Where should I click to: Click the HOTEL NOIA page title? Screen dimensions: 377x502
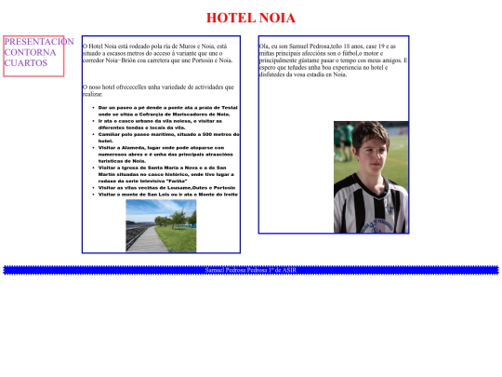coord(250,18)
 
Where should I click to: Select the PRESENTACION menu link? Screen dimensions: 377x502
coord(38,42)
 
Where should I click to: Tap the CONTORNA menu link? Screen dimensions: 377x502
coord(31,52)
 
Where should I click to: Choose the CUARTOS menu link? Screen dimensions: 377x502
coord(26,63)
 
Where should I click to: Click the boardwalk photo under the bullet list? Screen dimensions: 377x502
coord(161,225)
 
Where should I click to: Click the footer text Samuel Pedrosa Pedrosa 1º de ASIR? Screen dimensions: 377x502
coord(250,270)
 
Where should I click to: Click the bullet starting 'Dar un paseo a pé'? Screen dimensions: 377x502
coord(167,111)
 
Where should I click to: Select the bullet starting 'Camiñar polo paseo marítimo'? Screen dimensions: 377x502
coord(168,137)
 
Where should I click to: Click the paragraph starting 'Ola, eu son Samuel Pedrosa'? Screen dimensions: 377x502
coord(330,56)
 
